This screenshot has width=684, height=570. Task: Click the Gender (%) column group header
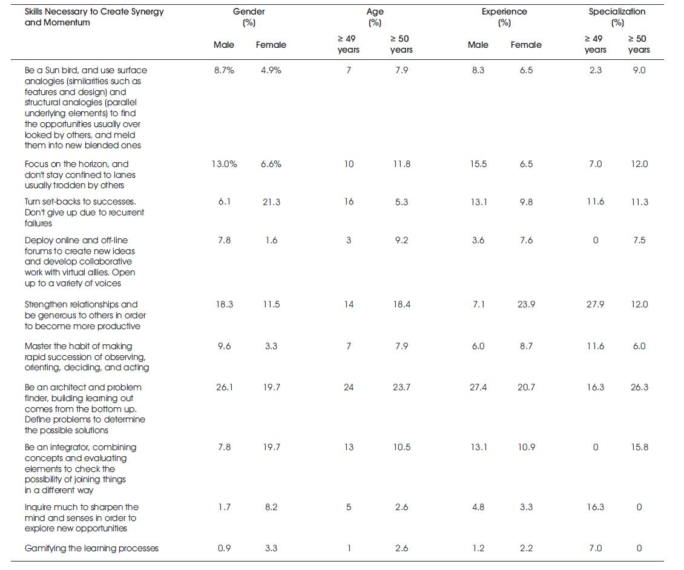(249, 17)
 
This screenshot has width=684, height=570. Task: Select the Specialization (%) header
(617, 17)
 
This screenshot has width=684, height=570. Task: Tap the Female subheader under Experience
(526, 45)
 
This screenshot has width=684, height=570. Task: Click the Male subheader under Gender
(224, 45)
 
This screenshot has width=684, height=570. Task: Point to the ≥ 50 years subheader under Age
(401, 44)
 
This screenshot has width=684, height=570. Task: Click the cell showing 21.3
(271, 202)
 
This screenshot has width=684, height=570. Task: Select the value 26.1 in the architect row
(224, 387)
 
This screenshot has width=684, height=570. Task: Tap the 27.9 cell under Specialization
(596, 304)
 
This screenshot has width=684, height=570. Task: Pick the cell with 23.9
(526, 304)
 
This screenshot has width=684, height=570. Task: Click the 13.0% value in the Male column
(224, 164)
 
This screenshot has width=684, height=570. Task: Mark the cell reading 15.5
(478, 164)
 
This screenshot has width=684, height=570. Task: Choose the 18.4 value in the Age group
(401, 304)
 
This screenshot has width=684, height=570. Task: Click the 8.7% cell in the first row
(224, 70)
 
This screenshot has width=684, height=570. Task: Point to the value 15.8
(639, 447)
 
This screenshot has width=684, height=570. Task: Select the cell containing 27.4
(478, 387)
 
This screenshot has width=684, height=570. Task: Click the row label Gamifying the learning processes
(91, 548)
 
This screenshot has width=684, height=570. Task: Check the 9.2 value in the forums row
(401, 240)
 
